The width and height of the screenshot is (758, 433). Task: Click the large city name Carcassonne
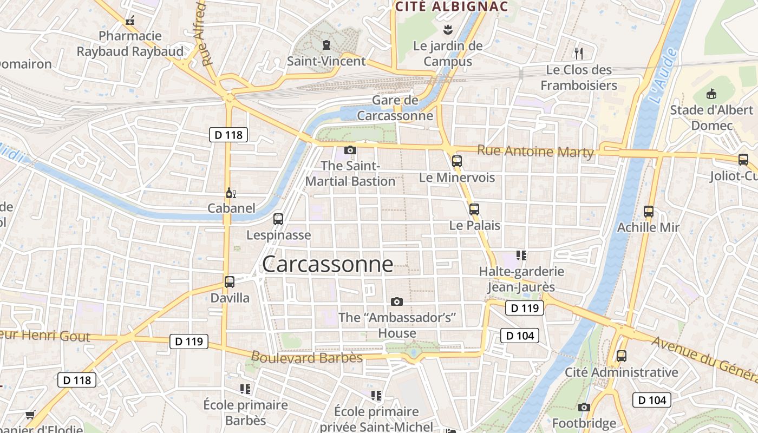(328, 264)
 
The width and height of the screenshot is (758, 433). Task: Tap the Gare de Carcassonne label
(395, 108)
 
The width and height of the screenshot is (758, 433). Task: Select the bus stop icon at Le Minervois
(457, 161)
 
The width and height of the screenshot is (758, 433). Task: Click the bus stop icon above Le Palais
(474, 209)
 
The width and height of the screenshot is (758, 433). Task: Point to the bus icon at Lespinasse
(278, 219)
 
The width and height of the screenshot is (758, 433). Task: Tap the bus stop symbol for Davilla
(230, 282)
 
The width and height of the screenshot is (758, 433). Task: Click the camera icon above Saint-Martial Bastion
(350, 150)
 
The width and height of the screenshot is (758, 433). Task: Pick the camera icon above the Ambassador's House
(397, 301)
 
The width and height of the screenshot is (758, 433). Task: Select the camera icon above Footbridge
(584, 407)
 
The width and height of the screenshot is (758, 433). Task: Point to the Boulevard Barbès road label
(306, 357)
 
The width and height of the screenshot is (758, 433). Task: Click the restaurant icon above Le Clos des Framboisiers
(579, 53)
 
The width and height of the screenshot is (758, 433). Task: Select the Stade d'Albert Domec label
(711, 118)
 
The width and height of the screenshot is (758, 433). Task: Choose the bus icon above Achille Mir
(649, 211)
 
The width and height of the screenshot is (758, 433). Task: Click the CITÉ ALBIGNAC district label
(452, 6)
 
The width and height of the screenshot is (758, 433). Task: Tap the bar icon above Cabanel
(231, 193)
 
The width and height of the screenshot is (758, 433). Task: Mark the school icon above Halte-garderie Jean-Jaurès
(521, 255)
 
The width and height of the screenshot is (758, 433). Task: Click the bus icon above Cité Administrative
(622, 356)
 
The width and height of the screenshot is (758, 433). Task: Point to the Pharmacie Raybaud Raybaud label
(130, 44)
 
